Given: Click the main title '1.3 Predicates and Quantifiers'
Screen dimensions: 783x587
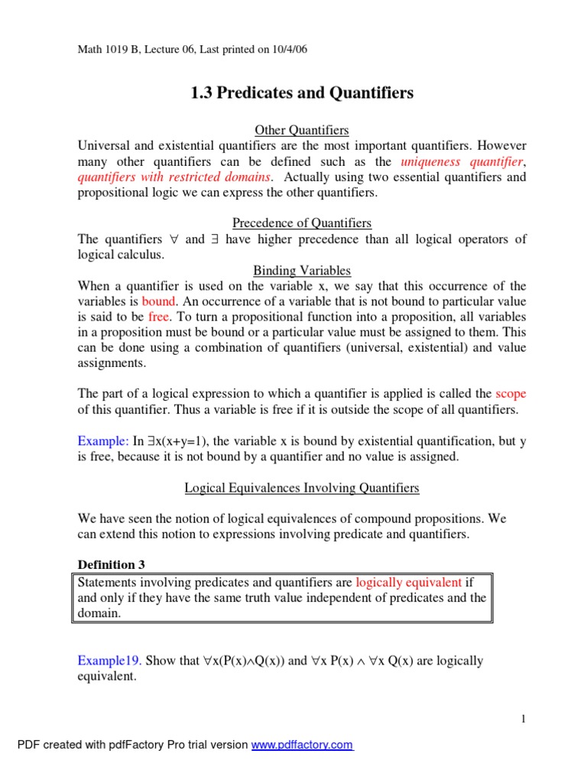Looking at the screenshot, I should [302, 93].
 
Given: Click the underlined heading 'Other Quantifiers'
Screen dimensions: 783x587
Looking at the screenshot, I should [302, 130].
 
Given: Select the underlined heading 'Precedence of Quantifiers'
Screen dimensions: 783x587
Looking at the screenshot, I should [302, 223].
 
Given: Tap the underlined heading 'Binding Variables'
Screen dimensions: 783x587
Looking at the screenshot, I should [302, 270].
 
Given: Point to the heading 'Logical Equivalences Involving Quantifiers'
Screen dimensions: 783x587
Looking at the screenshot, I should [302, 487].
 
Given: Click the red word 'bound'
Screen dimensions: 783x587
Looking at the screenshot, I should [159, 301].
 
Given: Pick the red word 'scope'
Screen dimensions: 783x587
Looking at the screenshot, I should [511, 394].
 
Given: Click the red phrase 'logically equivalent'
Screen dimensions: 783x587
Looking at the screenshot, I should [409, 582].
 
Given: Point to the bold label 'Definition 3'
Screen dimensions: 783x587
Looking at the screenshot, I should [112, 564].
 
